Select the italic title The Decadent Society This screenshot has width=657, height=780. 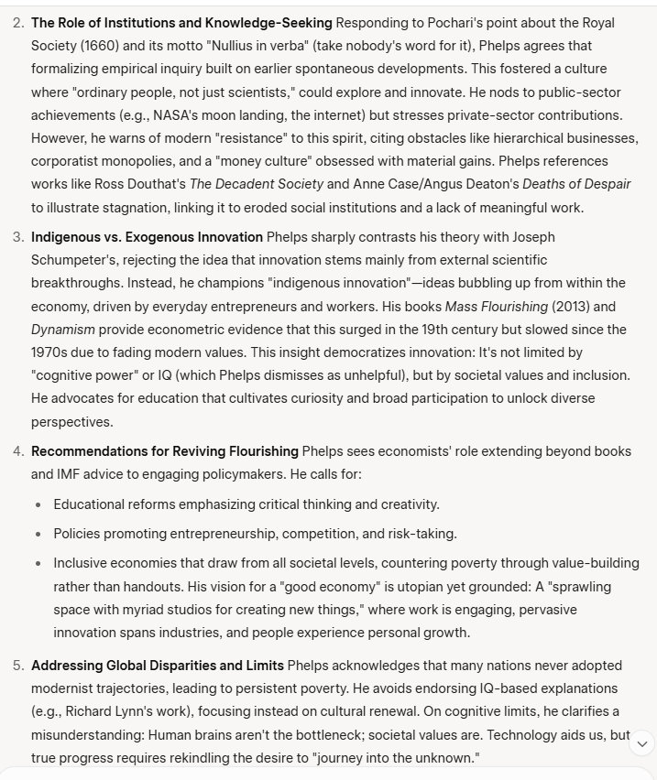(256, 183)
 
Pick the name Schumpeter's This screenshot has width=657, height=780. (71, 260)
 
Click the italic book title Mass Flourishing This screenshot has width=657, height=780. (496, 306)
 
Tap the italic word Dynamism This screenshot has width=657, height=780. (63, 329)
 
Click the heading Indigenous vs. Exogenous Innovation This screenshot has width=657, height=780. (147, 237)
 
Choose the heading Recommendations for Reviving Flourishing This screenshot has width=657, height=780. (165, 450)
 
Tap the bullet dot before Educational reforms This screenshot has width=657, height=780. (38, 504)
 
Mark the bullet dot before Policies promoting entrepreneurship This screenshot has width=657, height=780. (38, 534)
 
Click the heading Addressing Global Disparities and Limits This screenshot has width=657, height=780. (158, 665)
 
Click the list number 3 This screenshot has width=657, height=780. (17, 237)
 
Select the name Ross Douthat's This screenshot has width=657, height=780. (140, 183)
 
